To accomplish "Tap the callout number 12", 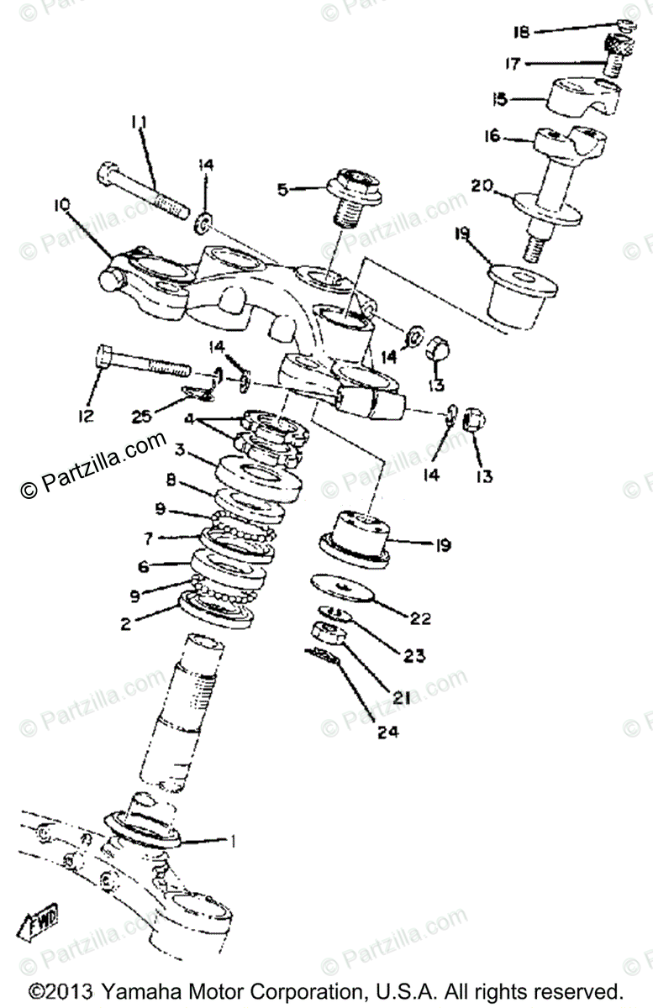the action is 87,416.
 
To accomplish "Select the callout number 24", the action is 387,732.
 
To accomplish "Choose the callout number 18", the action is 521,32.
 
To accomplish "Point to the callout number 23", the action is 413,655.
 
